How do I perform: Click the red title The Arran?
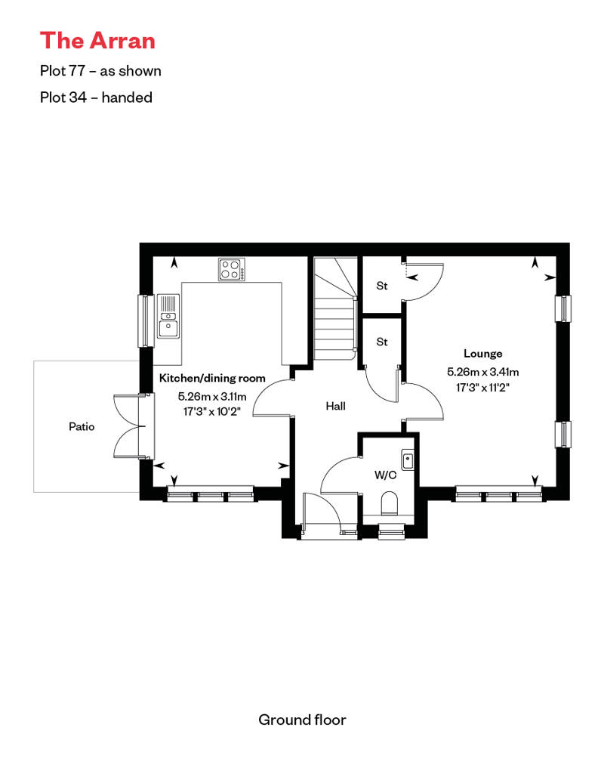97,41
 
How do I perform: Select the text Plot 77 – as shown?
100,71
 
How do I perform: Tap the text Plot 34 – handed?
96,97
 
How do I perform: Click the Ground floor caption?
302,720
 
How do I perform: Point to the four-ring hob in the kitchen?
232,269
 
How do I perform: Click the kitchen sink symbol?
168,316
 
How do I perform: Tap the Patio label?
82,426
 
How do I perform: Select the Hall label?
336,406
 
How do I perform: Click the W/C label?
386,475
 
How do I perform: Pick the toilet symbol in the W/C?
389,503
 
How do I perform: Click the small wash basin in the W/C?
408,460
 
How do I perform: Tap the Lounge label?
482,354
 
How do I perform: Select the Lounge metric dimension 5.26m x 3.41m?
482,372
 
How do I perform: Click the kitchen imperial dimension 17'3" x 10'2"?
212,412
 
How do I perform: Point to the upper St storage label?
381,286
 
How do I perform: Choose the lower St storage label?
381,342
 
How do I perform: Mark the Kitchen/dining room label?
212,378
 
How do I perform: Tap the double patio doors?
131,426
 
